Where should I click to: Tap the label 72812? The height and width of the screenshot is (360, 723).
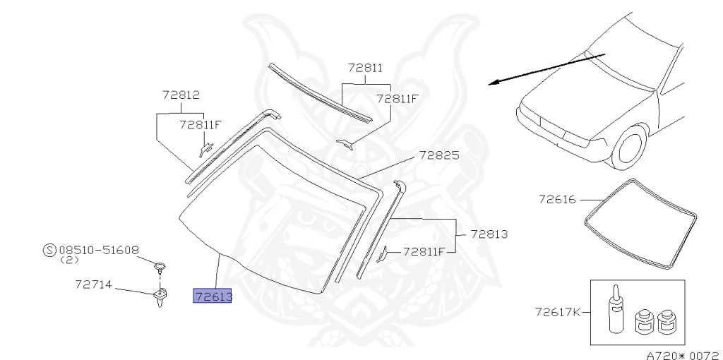180,95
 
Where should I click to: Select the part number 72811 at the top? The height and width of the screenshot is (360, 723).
365,68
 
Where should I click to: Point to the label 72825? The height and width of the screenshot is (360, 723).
438,155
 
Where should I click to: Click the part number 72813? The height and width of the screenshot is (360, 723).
489,234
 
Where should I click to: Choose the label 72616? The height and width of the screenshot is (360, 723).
558,200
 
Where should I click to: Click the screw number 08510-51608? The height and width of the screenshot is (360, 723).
99,249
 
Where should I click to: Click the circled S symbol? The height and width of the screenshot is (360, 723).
49,250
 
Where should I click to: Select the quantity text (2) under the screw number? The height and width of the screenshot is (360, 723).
68,260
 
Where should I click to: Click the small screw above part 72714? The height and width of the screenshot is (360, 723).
162,267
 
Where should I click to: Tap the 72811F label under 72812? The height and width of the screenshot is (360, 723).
201,125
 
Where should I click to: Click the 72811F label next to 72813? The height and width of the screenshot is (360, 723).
424,251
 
